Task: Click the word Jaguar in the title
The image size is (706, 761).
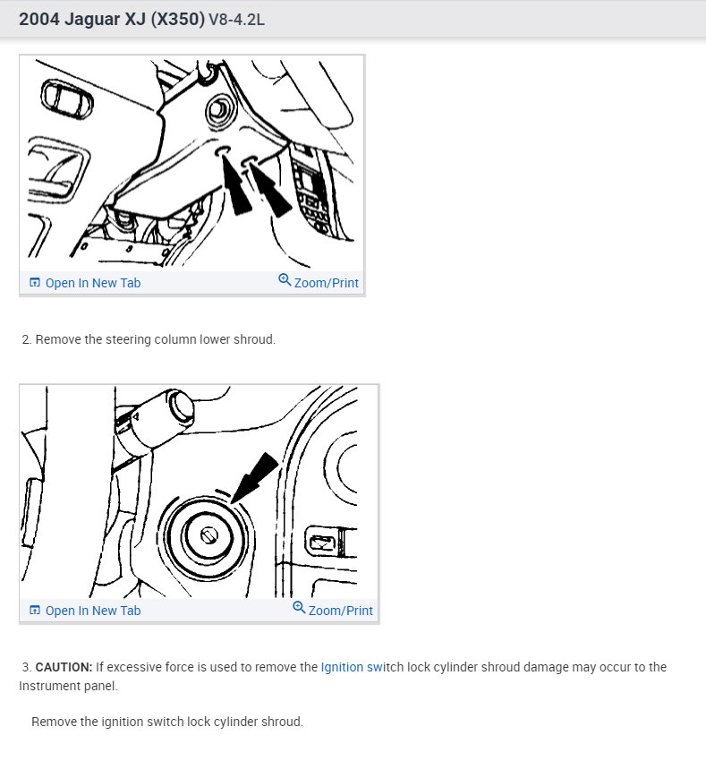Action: click(92, 20)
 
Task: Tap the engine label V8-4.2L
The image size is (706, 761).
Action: click(236, 20)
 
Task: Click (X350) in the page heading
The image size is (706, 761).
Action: click(177, 20)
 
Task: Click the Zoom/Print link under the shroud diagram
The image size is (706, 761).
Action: click(319, 282)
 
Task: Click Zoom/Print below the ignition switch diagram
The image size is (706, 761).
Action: click(333, 610)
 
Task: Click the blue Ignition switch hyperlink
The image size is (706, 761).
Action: click(352, 667)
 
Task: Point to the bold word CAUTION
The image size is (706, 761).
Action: click(64, 667)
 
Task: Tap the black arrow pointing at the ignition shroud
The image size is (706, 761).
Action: click(254, 477)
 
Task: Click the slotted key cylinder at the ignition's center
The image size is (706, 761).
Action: click(209, 535)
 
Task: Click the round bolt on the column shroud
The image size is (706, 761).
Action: click(221, 109)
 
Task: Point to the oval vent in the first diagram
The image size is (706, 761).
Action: click(66, 98)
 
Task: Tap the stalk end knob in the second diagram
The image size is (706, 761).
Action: click(181, 406)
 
